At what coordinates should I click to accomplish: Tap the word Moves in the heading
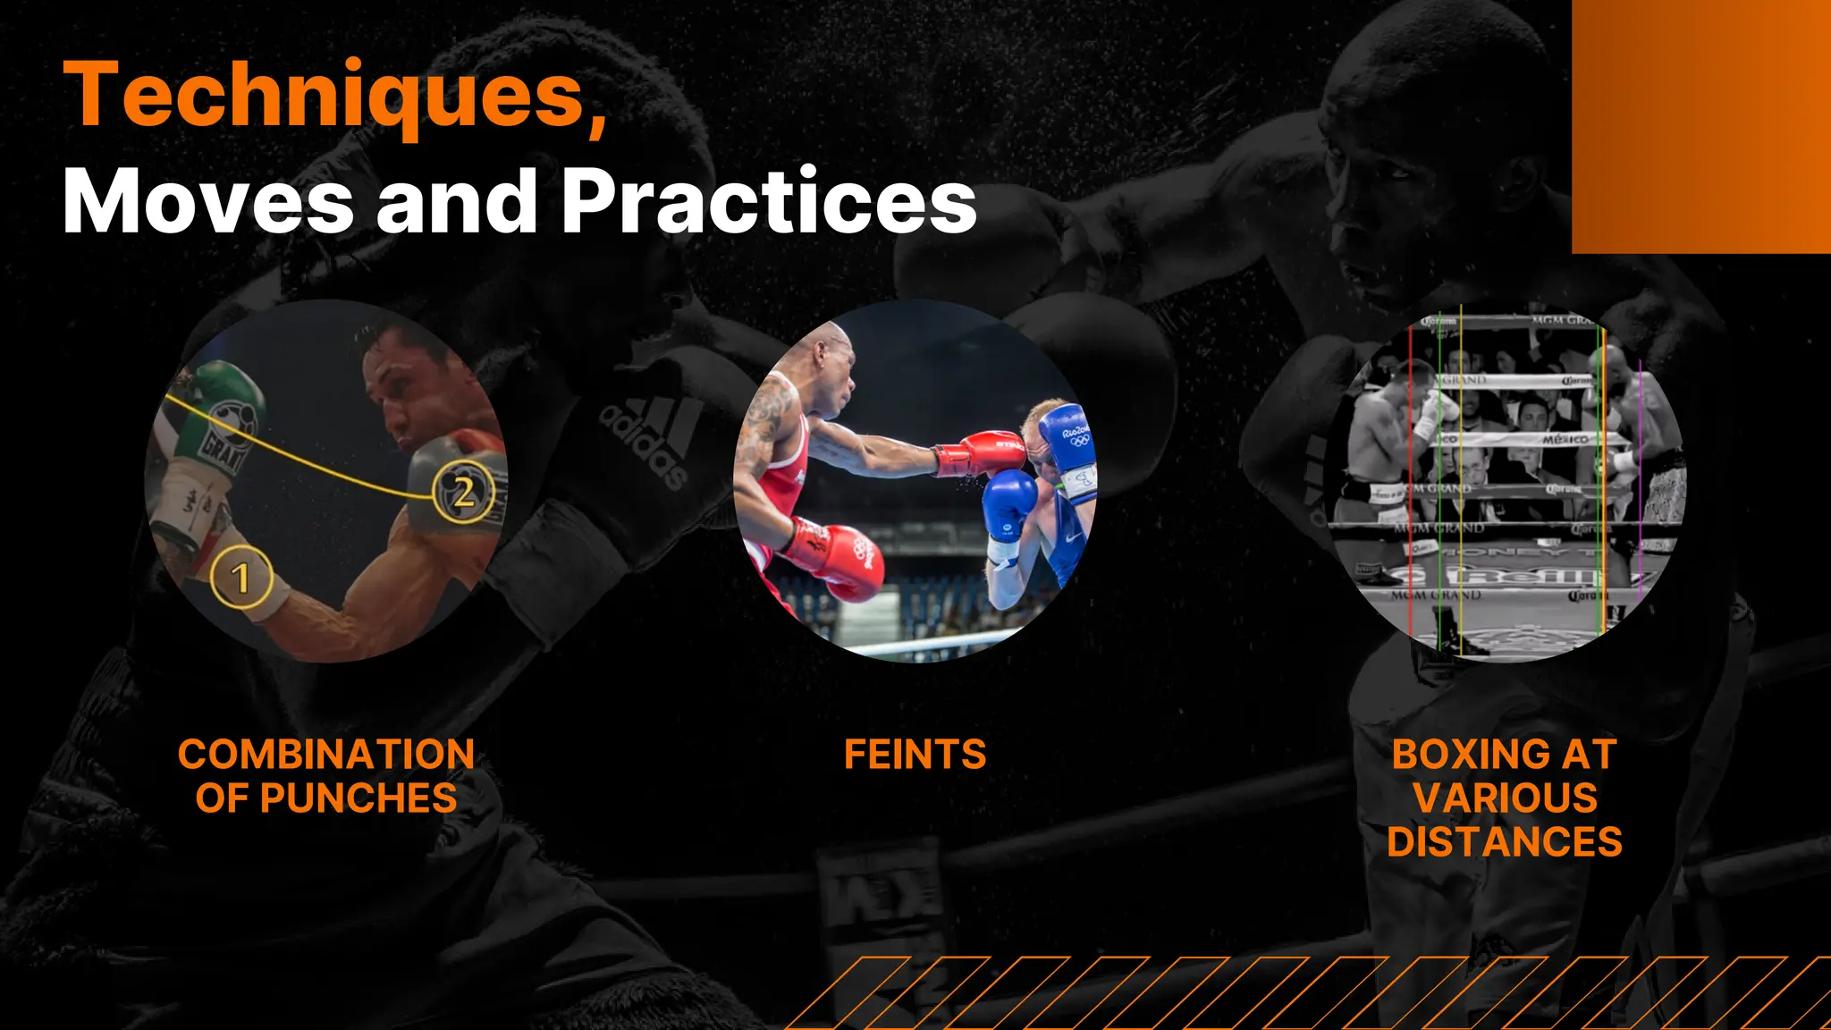pyautogui.click(x=208, y=202)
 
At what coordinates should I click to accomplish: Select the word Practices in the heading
pyautogui.click(x=770, y=202)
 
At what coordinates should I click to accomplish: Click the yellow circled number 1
pyautogui.click(x=240, y=578)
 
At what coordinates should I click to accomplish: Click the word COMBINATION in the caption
pyautogui.click(x=326, y=755)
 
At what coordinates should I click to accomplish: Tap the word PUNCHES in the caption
pyautogui.click(x=359, y=798)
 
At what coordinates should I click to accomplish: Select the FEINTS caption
pyautogui.click(x=915, y=755)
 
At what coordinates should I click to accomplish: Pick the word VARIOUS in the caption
pyautogui.click(x=1505, y=798)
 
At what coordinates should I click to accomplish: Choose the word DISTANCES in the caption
pyautogui.click(x=1505, y=842)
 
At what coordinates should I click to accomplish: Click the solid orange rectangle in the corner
pyautogui.click(x=1700, y=125)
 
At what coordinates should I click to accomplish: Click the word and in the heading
pyautogui.click(x=457, y=202)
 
